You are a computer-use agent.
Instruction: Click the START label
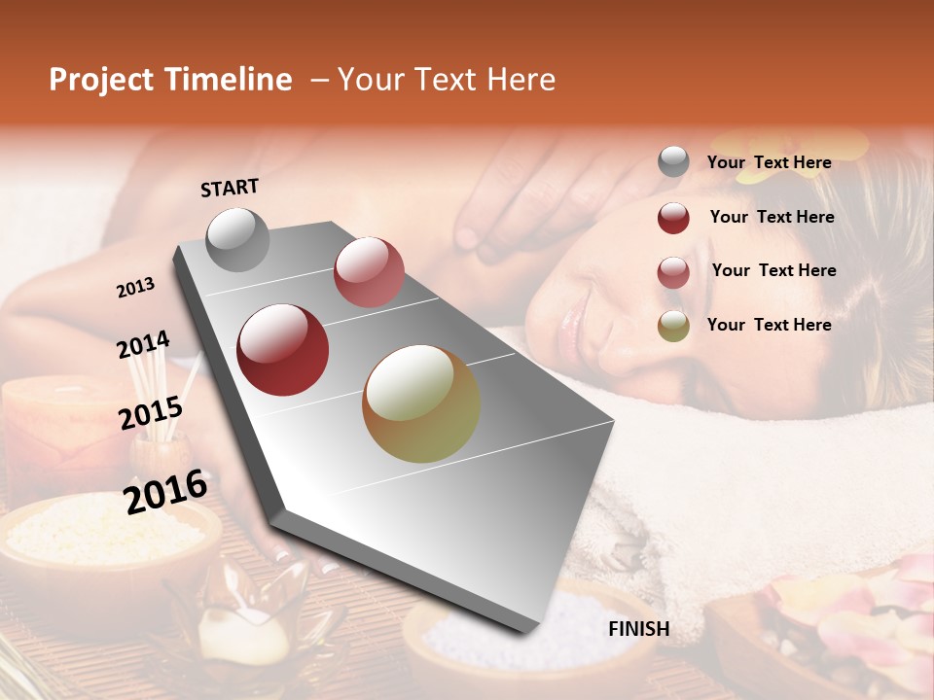[230, 188]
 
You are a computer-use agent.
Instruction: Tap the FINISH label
[638, 629]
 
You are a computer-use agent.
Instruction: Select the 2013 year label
[136, 288]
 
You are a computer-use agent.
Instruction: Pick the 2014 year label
[143, 345]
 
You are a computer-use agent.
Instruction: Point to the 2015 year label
[151, 413]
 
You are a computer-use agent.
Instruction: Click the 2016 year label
[165, 491]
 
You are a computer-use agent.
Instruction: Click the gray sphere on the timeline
[238, 239]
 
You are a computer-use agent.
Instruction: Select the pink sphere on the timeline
[369, 271]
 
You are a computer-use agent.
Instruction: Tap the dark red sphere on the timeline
[283, 350]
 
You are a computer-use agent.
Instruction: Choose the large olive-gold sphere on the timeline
[421, 403]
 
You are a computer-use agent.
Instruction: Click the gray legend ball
[673, 162]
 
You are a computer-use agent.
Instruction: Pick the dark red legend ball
[673, 218]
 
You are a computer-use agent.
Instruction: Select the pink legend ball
[673, 271]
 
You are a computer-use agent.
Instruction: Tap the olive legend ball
[673, 326]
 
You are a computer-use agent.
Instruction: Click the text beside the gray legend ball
[769, 163]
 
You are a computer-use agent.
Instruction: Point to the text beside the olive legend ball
[769, 325]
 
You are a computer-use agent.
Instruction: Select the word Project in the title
[101, 80]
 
